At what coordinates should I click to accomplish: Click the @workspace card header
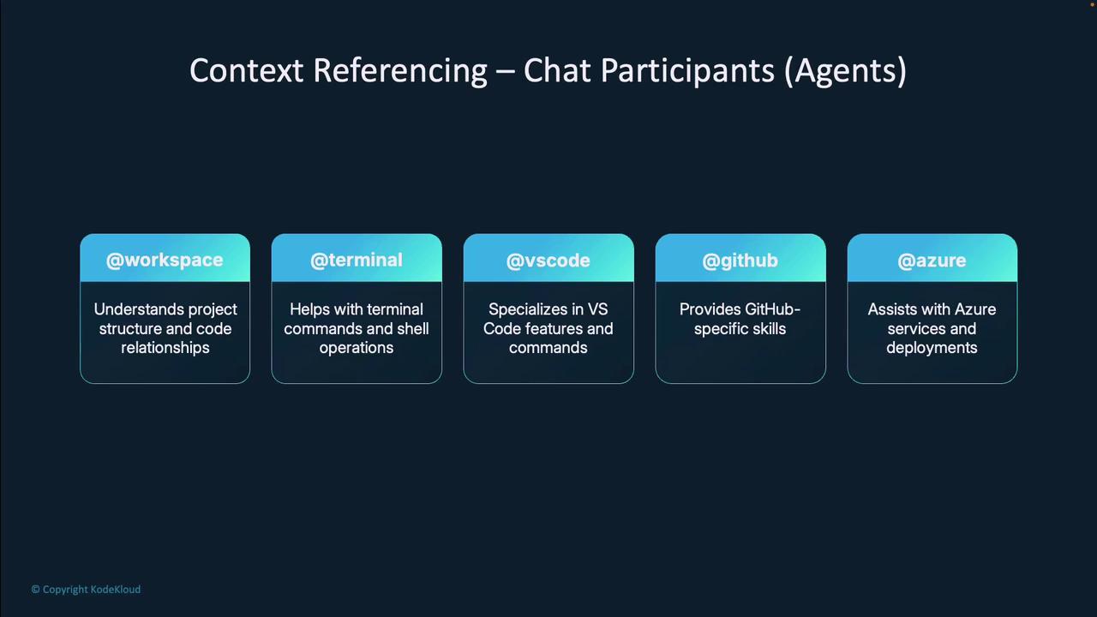pyautogui.click(x=165, y=258)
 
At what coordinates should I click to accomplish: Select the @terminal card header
pyautogui.click(x=357, y=258)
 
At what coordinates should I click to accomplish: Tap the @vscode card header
pyautogui.click(x=548, y=258)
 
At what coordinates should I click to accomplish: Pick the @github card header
pyautogui.click(x=740, y=258)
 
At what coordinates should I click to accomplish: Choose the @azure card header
pyautogui.click(x=932, y=258)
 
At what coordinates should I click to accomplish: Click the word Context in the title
pyautogui.click(x=246, y=70)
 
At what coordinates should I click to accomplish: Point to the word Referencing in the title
pyautogui.click(x=400, y=71)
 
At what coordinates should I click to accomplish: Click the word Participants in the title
pyautogui.click(x=687, y=71)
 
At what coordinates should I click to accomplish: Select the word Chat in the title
pyautogui.click(x=557, y=70)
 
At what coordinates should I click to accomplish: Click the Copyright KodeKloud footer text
pyautogui.click(x=86, y=590)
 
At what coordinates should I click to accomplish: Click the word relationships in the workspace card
pyautogui.click(x=165, y=348)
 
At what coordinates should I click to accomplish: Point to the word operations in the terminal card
pyautogui.click(x=357, y=348)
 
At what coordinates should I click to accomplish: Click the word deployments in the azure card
pyautogui.click(x=932, y=348)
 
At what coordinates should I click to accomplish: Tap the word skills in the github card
pyautogui.click(x=770, y=328)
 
